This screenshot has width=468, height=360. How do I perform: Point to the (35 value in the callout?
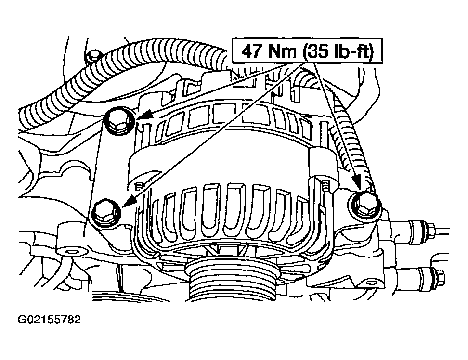click(x=315, y=51)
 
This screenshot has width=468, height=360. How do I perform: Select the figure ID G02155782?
click(x=49, y=320)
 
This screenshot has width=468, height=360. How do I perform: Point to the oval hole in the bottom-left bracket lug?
click(x=71, y=252)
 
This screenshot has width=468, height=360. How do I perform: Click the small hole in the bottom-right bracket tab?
click(x=371, y=282)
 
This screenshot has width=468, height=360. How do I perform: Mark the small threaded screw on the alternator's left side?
click(x=139, y=187)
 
